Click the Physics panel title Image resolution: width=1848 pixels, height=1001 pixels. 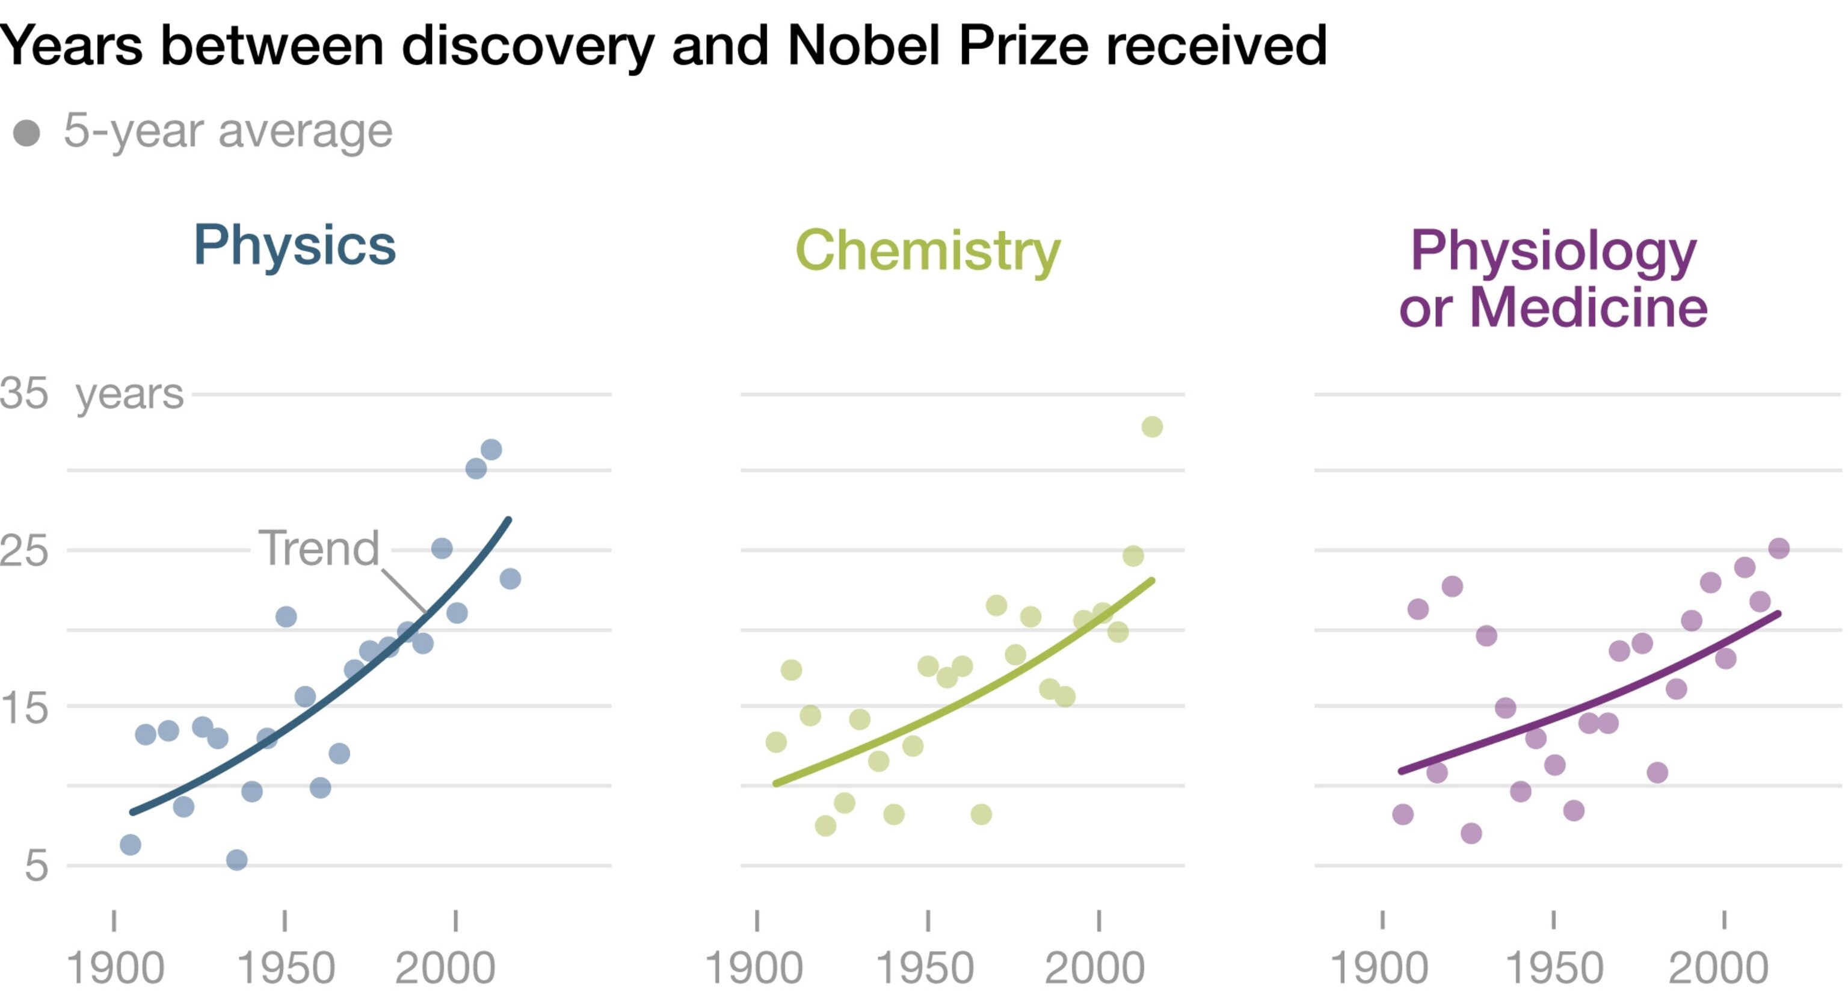tap(294, 245)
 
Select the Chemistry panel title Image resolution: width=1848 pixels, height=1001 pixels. tap(928, 250)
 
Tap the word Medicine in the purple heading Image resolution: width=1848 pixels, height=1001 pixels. tap(1588, 308)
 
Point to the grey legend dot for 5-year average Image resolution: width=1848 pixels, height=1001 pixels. tap(26, 133)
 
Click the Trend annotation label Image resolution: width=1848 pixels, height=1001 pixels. tap(318, 548)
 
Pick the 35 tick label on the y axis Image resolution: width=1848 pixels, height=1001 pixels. tap(23, 393)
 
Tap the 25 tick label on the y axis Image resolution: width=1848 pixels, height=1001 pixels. tap(23, 550)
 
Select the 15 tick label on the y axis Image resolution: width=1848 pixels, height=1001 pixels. tap(23, 707)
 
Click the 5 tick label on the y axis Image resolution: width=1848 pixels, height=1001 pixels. tap(36, 866)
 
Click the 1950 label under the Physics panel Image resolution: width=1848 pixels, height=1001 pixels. tap(286, 968)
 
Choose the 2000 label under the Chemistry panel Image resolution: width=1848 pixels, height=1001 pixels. tap(1094, 968)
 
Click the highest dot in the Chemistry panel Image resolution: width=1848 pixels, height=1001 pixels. tap(1151, 427)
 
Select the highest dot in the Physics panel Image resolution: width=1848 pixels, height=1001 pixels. tap(491, 450)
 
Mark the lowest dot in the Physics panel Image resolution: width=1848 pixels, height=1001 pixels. tap(237, 860)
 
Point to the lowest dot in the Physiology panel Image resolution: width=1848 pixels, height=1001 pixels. tap(1471, 833)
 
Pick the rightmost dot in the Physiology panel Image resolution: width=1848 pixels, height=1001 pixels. tap(1778, 548)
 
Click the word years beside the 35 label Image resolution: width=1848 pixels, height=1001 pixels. tap(129, 393)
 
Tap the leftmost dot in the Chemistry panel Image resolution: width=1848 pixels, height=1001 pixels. tap(775, 742)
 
